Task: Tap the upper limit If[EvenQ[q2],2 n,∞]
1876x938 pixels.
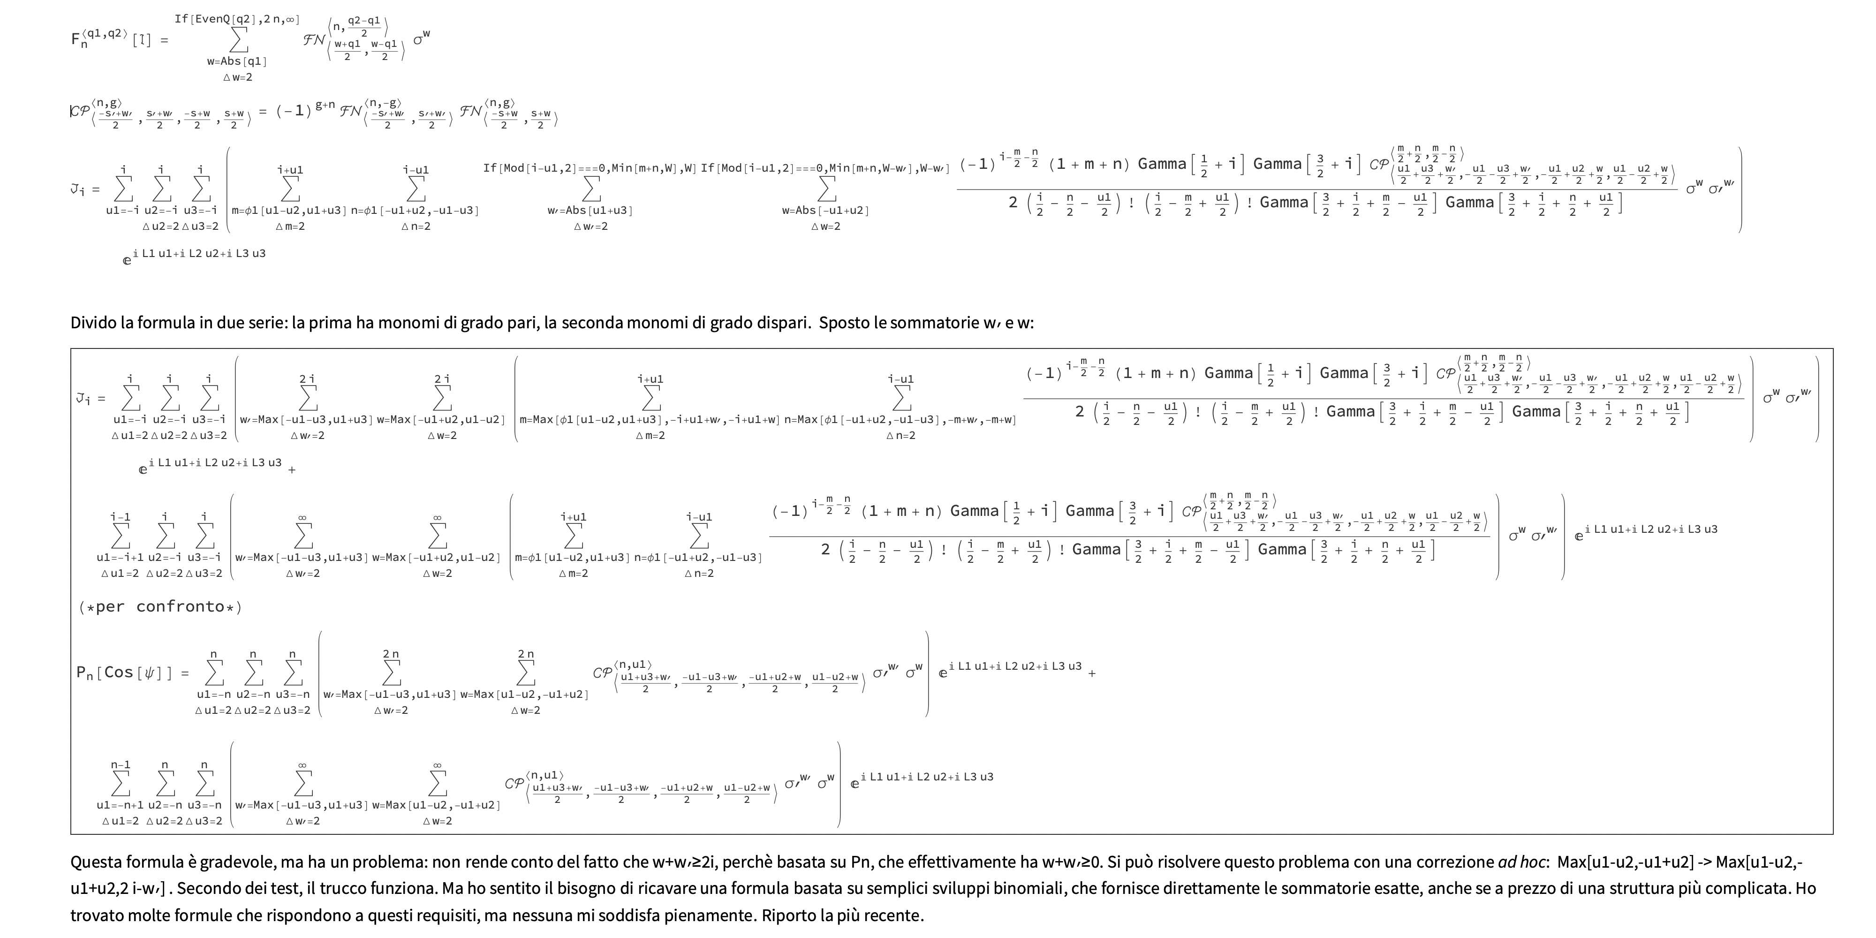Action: click(237, 19)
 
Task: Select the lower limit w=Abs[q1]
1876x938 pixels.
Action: click(237, 62)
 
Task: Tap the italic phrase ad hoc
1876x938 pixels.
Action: click(1522, 862)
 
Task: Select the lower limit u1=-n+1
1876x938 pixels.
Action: click(120, 805)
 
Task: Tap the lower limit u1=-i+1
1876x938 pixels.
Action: click(120, 557)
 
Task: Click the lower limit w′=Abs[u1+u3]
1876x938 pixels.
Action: click(590, 211)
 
